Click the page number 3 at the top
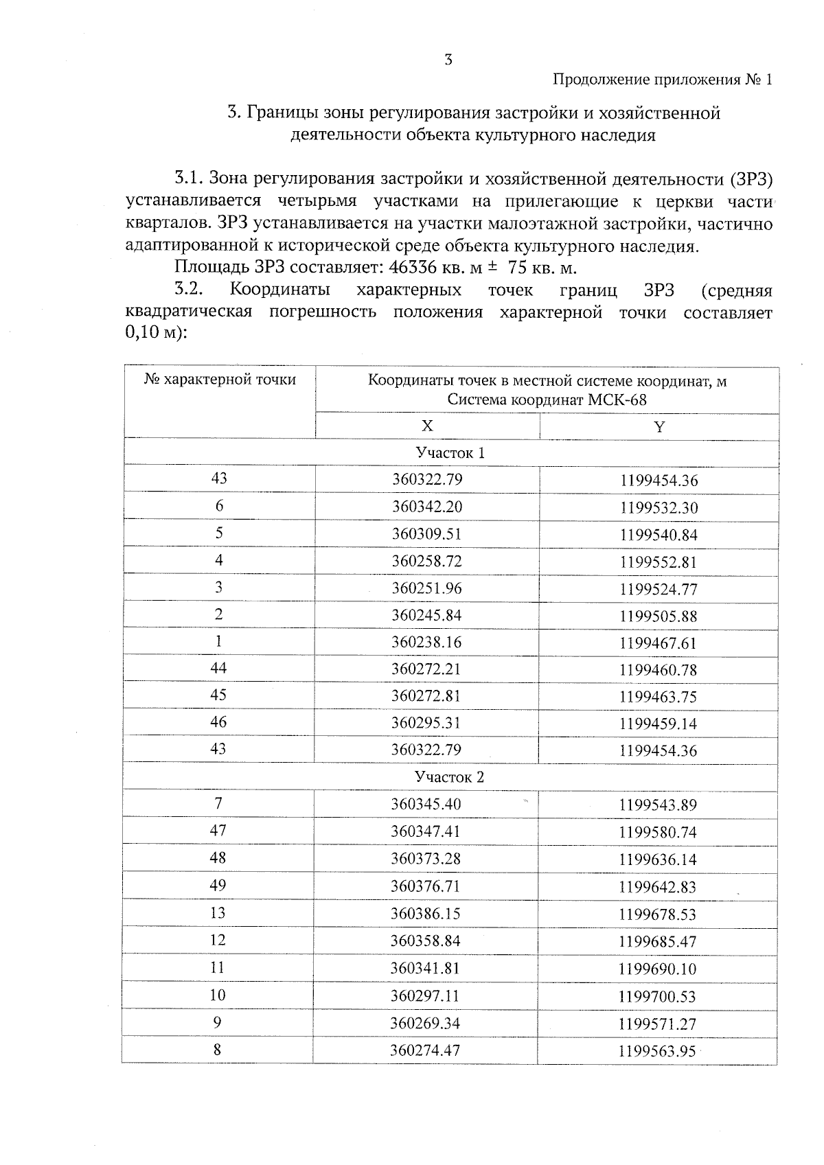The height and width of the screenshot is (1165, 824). click(448, 60)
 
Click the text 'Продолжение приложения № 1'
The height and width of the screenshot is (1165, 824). click(663, 80)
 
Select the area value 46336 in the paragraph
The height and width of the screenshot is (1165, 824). click(413, 268)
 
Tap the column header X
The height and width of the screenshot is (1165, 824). click(427, 426)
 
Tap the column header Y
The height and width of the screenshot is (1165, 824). click(659, 427)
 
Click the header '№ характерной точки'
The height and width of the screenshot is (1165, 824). click(220, 380)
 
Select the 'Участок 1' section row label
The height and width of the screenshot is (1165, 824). click(450, 453)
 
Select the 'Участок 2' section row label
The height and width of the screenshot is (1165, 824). click(449, 777)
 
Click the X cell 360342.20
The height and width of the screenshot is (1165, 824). click(427, 507)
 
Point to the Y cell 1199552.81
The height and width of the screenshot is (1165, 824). click(658, 562)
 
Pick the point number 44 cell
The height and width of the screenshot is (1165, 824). click(218, 668)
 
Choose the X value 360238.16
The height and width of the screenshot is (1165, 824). click(426, 643)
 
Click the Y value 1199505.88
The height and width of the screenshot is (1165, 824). click(658, 616)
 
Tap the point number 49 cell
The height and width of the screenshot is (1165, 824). click(218, 886)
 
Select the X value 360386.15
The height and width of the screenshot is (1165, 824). click(426, 914)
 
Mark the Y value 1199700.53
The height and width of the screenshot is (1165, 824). click(657, 997)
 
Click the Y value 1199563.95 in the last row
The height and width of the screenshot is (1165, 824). click(657, 1051)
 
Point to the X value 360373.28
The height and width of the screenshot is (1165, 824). click(426, 859)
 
